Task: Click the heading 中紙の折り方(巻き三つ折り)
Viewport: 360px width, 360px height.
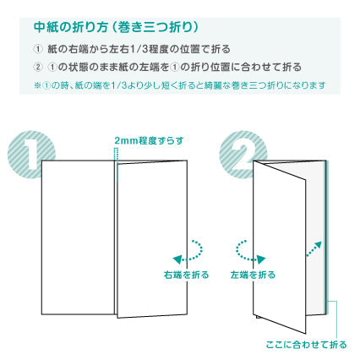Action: [116, 27]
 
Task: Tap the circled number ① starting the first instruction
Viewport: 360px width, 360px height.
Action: [38, 49]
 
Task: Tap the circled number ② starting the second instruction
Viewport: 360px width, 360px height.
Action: [38, 68]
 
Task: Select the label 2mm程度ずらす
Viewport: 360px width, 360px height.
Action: [149, 140]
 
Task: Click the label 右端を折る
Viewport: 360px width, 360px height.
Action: [187, 275]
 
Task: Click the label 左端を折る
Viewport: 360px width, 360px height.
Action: [253, 275]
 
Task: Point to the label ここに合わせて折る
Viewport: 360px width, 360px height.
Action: [306, 345]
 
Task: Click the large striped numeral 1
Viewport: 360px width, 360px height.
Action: [31, 154]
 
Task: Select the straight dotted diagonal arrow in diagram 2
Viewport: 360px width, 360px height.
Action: [314, 249]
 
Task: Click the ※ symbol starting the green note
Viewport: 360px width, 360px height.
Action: [37, 85]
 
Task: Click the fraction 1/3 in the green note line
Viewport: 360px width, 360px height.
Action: [118, 85]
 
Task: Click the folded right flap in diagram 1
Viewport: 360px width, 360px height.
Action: [152, 239]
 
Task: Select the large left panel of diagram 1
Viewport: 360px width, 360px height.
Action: [78, 237]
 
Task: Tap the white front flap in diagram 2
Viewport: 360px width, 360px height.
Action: [279, 247]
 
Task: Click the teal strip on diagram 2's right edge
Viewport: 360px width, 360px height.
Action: [325, 237]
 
